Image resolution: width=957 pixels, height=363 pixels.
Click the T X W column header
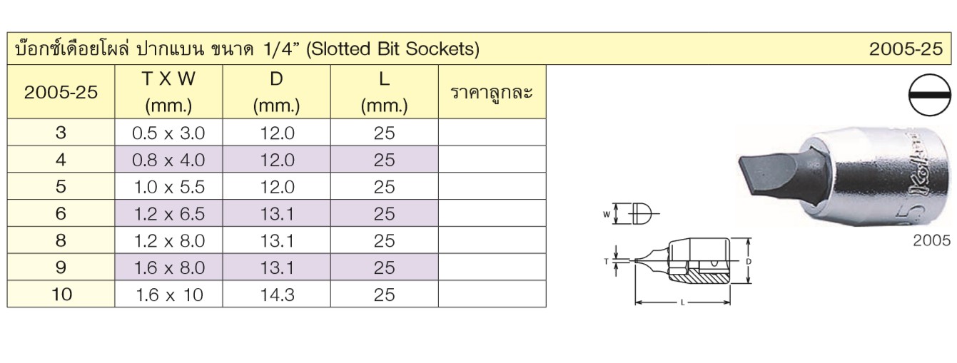[168, 91]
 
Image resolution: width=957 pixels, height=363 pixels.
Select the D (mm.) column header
[276, 91]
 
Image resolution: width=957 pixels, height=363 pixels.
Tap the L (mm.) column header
[384, 91]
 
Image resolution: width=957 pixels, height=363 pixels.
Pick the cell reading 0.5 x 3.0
[168, 133]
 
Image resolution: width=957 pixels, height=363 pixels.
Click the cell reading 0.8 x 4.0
[168, 160]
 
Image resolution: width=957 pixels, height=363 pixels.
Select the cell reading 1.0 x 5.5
[169, 187]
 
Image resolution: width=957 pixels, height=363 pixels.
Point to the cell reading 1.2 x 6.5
[169, 214]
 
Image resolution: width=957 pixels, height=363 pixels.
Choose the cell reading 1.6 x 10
[169, 295]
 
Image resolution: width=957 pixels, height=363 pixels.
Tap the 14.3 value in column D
[278, 295]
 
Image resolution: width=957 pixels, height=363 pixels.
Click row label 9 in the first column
[61, 267]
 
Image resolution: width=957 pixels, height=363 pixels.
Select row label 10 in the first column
[61, 295]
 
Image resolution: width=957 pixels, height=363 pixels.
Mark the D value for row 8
[278, 241]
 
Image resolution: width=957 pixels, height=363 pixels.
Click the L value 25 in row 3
[384, 133]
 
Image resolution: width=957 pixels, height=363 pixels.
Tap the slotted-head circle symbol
[930, 95]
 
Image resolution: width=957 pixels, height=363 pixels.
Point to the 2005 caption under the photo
[932, 241]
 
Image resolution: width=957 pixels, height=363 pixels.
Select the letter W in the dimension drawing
[607, 215]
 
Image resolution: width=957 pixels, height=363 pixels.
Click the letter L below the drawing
[683, 303]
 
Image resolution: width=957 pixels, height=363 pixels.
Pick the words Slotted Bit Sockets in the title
[393, 48]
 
